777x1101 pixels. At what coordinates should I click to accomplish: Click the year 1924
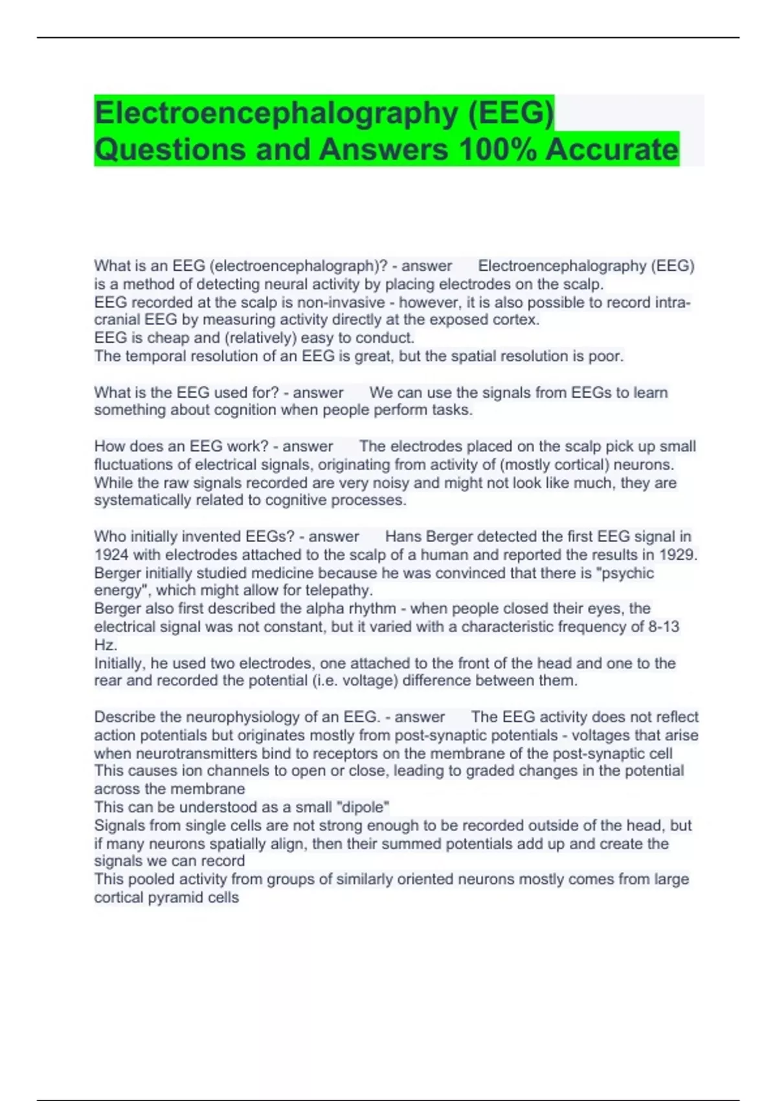click(111, 555)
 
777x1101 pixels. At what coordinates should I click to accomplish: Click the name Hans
click(403, 537)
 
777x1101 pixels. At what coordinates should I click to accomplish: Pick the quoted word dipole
click(364, 807)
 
